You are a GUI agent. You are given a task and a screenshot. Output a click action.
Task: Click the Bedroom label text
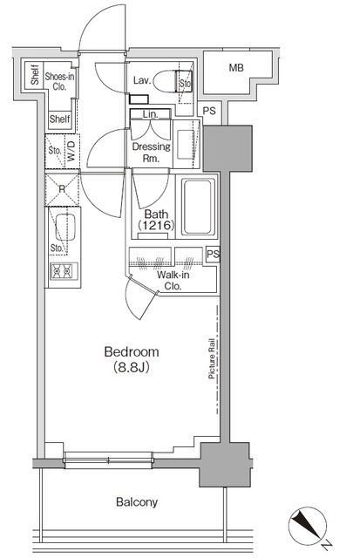click(x=132, y=351)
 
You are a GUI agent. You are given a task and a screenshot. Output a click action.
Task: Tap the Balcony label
click(x=137, y=502)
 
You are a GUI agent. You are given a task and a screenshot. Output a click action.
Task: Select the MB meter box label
click(x=236, y=67)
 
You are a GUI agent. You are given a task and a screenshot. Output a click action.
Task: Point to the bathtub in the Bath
click(x=198, y=207)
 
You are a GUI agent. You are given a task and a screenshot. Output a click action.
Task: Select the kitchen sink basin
click(x=65, y=227)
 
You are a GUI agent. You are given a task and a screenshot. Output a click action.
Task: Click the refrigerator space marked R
click(x=62, y=189)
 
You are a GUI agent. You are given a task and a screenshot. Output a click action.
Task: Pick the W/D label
click(x=71, y=151)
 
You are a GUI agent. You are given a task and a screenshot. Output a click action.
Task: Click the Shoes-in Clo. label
click(x=59, y=81)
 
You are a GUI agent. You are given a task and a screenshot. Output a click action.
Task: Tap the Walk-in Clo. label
click(x=173, y=281)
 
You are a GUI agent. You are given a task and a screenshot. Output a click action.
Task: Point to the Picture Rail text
click(x=212, y=358)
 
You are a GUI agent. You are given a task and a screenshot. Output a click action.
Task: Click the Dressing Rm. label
click(x=151, y=153)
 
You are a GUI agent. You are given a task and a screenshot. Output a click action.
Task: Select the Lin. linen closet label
click(x=150, y=114)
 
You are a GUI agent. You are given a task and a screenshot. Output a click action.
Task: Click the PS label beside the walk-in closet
click(x=213, y=254)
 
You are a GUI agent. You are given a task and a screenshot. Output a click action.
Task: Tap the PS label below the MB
click(x=209, y=111)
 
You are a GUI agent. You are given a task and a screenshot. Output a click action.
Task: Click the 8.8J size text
click(x=132, y=367)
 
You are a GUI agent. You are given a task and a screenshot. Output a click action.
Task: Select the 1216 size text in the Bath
click(x=156, y=225)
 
